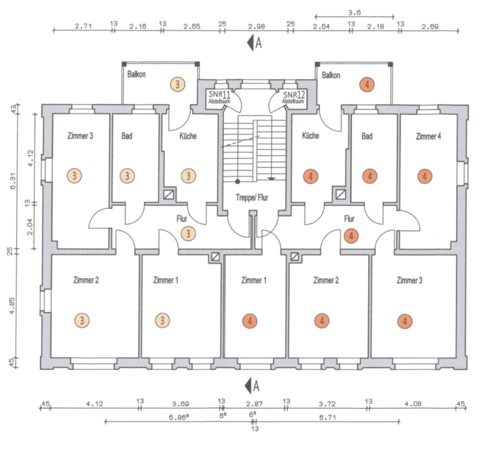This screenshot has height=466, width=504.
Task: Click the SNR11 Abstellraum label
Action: coord(220,97)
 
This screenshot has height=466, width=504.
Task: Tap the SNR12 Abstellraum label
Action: coord(293,97)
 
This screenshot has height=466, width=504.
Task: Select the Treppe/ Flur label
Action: coord(252,197)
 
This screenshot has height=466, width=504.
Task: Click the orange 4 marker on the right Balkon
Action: coord(367,85)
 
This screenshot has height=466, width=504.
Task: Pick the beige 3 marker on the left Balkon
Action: coord(178,84)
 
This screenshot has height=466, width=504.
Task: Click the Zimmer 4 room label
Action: coord(428,136)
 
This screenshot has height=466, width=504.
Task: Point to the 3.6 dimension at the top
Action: coord(355,13)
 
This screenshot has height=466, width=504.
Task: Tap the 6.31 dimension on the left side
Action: coord(13,181)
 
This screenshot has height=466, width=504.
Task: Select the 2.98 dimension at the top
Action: coord(256,26)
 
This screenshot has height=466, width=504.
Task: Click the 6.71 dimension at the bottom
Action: coord(328,417)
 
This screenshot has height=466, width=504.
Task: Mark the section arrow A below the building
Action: coord(252,386)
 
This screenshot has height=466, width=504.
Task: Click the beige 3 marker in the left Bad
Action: coord(127,176)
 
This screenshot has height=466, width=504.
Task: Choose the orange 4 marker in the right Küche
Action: coord(311,176)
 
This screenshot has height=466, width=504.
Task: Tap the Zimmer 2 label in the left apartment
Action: coord(86,280)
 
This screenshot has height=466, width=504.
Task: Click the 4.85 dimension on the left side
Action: coord(12,305)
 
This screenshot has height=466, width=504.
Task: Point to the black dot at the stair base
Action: coord(237,182)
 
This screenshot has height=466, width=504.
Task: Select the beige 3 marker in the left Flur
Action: coord(189,233)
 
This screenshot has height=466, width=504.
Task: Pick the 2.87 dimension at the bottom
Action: coord(254,404)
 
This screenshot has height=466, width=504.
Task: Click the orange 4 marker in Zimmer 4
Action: coord(425,176)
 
